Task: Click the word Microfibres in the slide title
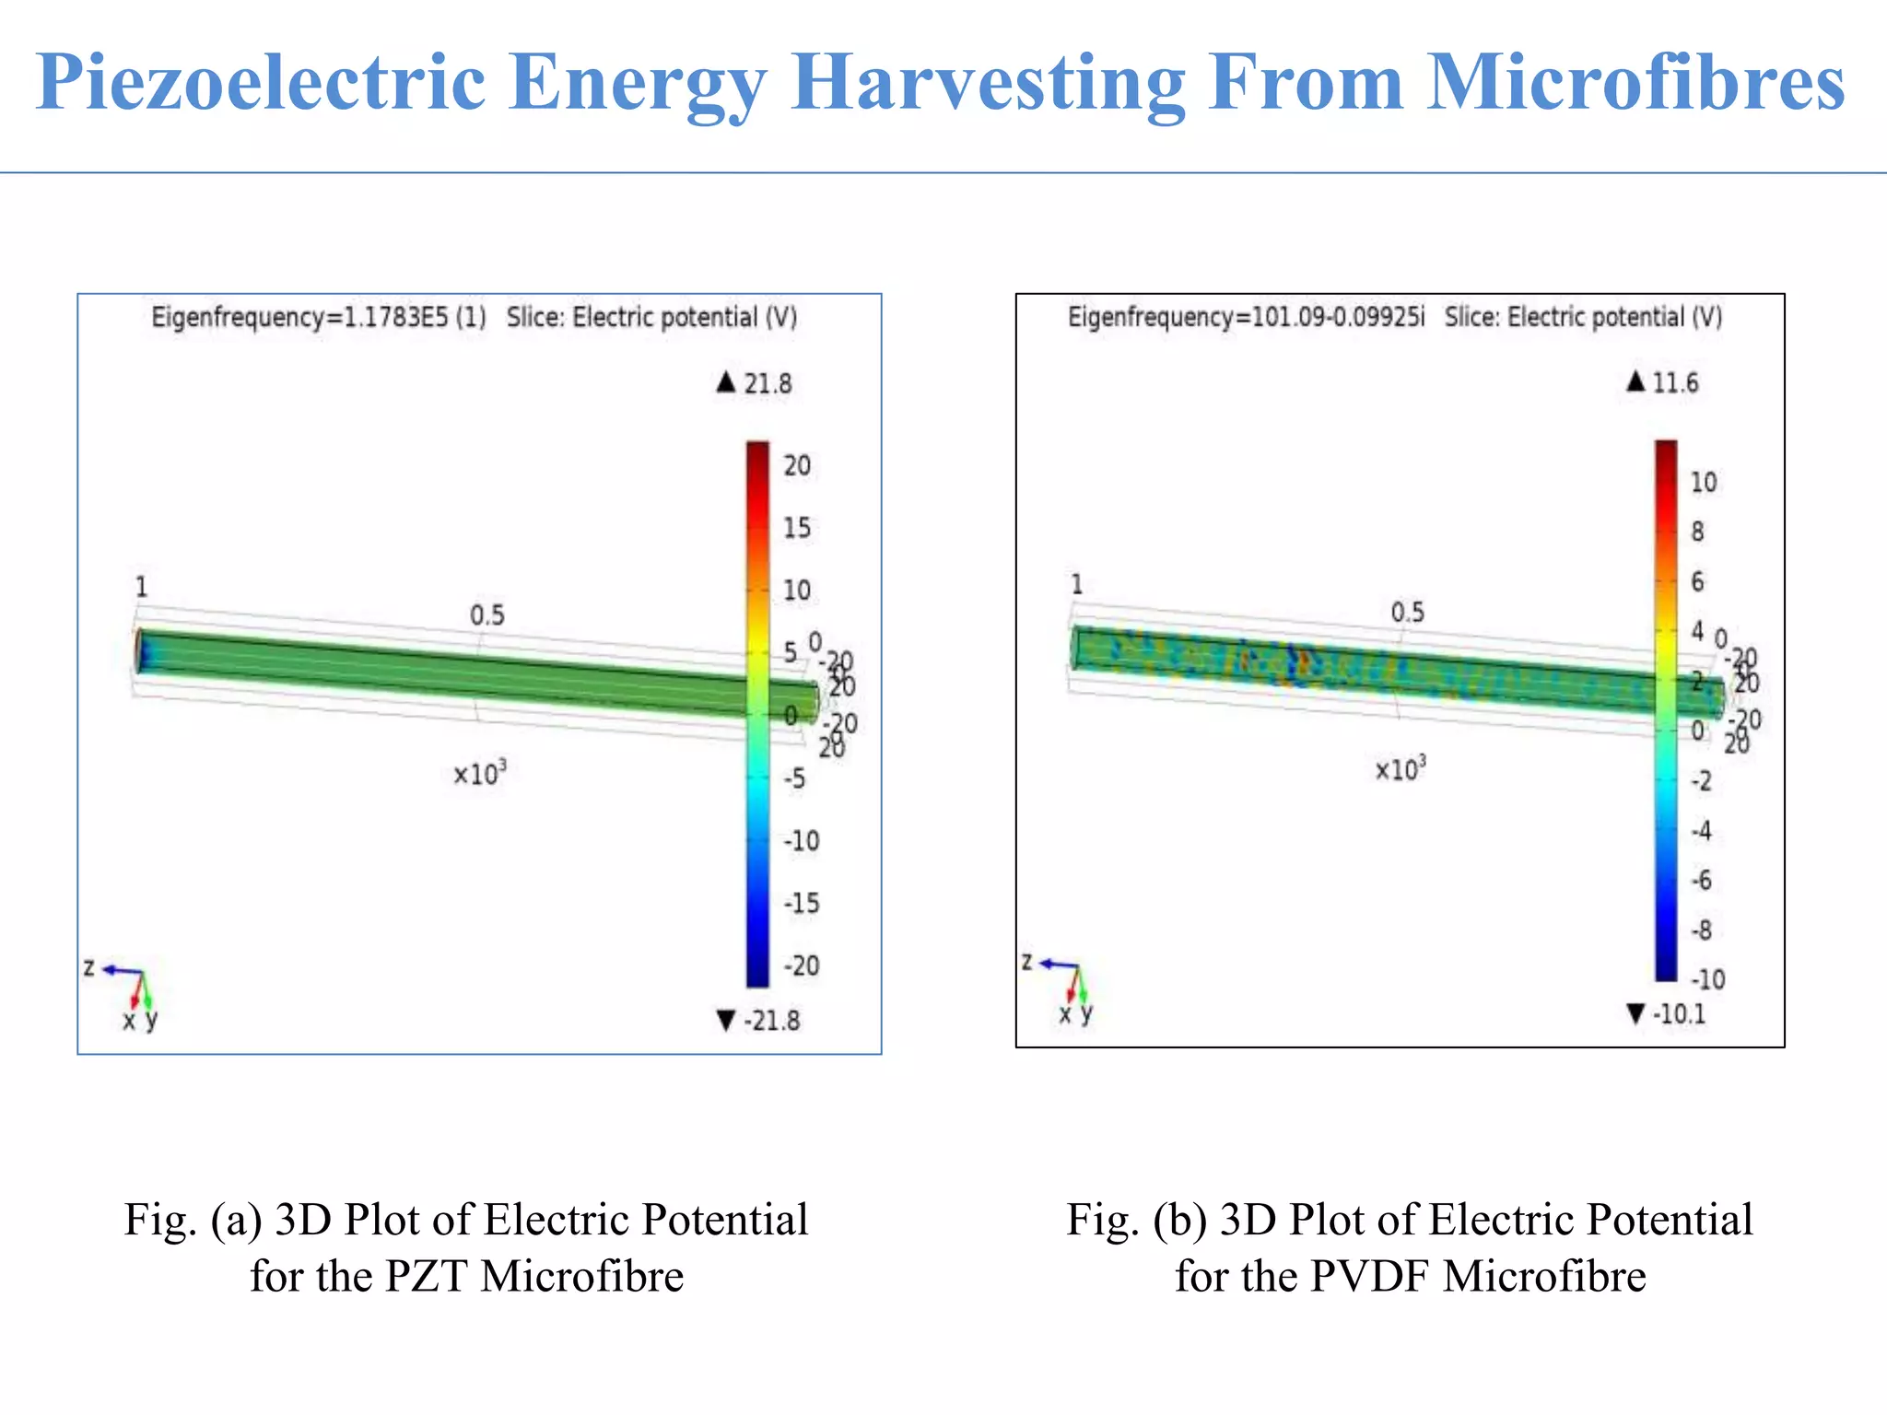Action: click(1635, 83)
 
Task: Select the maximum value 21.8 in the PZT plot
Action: click(767, 383)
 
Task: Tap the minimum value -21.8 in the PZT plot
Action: click(771, 1021)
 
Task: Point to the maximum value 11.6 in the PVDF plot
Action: click(1674, 382)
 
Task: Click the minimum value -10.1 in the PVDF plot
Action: click(1678, 1014)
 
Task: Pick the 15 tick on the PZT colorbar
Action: click(797, 528)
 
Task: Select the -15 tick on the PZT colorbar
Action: click(801, 903)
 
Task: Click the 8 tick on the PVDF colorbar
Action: click(1697, 532)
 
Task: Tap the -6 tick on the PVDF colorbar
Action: click(1701, 880)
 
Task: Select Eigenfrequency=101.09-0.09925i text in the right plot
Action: click(1246, 318)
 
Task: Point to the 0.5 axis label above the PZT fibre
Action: click(486, 614)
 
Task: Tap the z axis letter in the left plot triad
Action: click(89, 967)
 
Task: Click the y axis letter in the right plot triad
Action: click(1086, 1013)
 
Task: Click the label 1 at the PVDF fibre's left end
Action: click(1076, 584)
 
